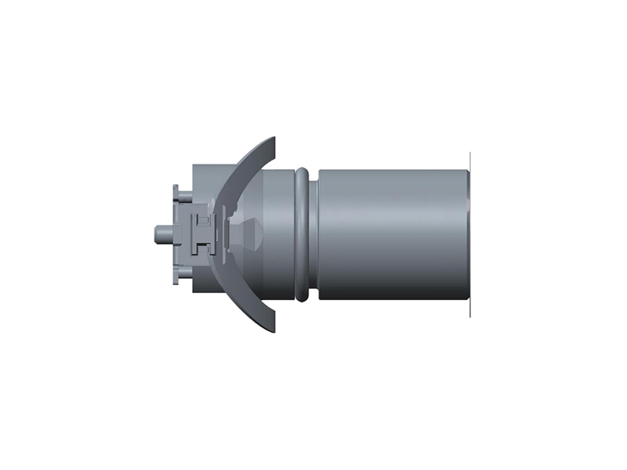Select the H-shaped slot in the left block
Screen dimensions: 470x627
[203, 233]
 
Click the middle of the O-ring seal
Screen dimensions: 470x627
[303, 233]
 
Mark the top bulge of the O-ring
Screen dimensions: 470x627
[303, 170]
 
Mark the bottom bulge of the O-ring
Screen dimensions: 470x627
[303, 295]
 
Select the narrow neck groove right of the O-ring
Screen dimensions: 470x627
[313, 233]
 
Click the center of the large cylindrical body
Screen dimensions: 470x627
[392, 233]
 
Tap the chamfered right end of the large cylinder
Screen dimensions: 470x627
[466, 233]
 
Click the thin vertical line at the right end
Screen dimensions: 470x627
[469, 233]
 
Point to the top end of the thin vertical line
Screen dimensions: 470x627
[469, 152]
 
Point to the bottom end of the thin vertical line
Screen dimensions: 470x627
[469, 318]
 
